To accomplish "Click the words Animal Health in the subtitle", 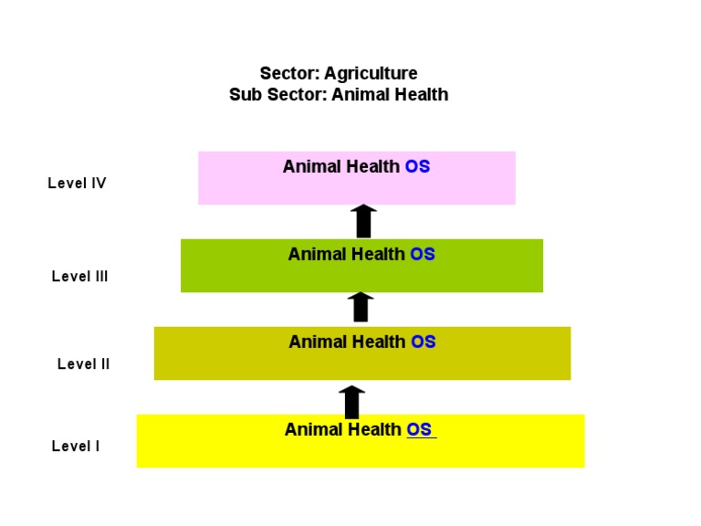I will (x=390, y=94).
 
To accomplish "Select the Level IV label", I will (x=77, y=184).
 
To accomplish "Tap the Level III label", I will (x=79, y=277).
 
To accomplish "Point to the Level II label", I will (x=83, y=364).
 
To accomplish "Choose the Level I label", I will (x=76, y=447).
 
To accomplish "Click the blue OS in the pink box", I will (x=417, y=167).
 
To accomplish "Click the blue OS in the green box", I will (x=423, y=255).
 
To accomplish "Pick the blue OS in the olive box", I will (x=424, y=342).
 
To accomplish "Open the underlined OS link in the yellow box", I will (x=420, y=430).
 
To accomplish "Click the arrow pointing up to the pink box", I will (x=363, y=221).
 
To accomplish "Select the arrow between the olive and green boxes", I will (x=361, y=308).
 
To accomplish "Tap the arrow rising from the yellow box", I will (x=351, y=401).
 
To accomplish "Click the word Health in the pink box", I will (x=372, y=167).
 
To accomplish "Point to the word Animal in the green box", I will (x=317, y=255).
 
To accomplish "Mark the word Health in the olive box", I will (x=379, y=342).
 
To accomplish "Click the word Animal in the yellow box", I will (x=313, y=430).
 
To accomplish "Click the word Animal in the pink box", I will (x=311, y=167).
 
